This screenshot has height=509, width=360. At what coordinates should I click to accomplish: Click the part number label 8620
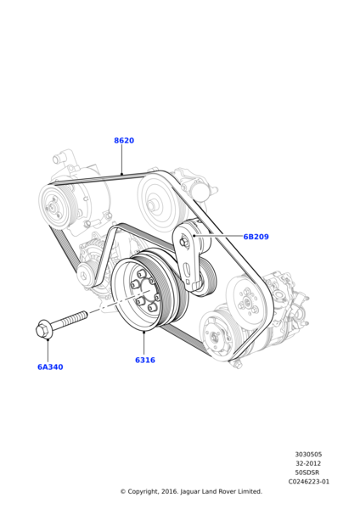pyautogui.click(x=124, y=141)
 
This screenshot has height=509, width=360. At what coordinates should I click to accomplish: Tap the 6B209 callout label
pyautogui.click(x=256, y=237)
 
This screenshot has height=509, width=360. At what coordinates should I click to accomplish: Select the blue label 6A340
pyautogui.click(x=50, y=367)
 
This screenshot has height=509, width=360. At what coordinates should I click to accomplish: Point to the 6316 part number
pyautogui.click(x=145, y=360)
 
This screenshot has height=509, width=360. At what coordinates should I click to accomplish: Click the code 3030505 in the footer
pyautogui.click(x=308, y=454)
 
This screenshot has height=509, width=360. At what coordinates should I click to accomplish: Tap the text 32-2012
pyautogui.click(x=308, y=463)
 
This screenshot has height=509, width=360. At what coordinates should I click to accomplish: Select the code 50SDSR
pyautogui.click(x=308, y=473)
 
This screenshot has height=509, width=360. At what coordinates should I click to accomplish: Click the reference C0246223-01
pyautogui.click(x=308, y=481)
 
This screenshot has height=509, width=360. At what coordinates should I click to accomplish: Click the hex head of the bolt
pyautogui.click(x=43, y=329)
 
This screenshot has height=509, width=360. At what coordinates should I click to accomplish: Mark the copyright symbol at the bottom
pyautogui.click(x=122, y=491)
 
